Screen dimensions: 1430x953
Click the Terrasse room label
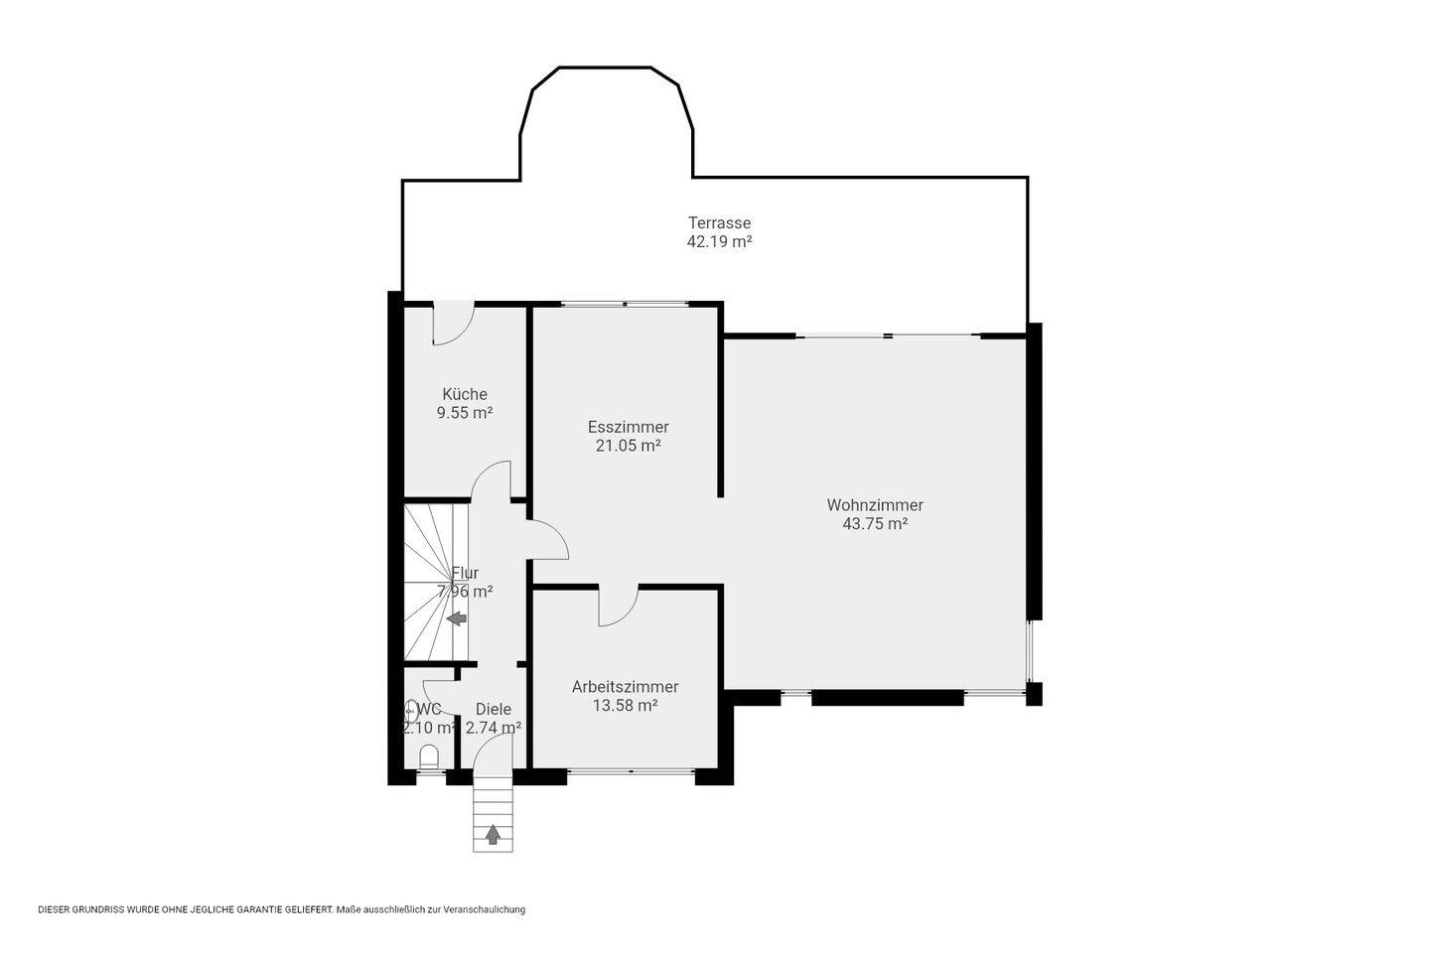click(719, 222)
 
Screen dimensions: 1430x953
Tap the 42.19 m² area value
click(719, 241)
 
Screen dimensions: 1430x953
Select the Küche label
click(465, 394)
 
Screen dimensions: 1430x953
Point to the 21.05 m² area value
click(628, 445)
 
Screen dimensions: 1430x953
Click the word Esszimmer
click(629, 427)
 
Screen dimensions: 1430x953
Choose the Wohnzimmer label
click(875, 505)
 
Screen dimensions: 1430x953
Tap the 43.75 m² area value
click(875, 523)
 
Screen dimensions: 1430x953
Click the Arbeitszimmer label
click(625, 687)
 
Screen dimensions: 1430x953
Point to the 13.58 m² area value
click(625, 706)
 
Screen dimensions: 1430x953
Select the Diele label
click(494, 709)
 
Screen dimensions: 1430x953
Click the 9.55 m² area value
click(465, 412)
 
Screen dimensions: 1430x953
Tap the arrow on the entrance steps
click(493, 835)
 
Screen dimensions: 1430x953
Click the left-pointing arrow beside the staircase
click(457, 618)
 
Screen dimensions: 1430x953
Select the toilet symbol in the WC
click(430, 756)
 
